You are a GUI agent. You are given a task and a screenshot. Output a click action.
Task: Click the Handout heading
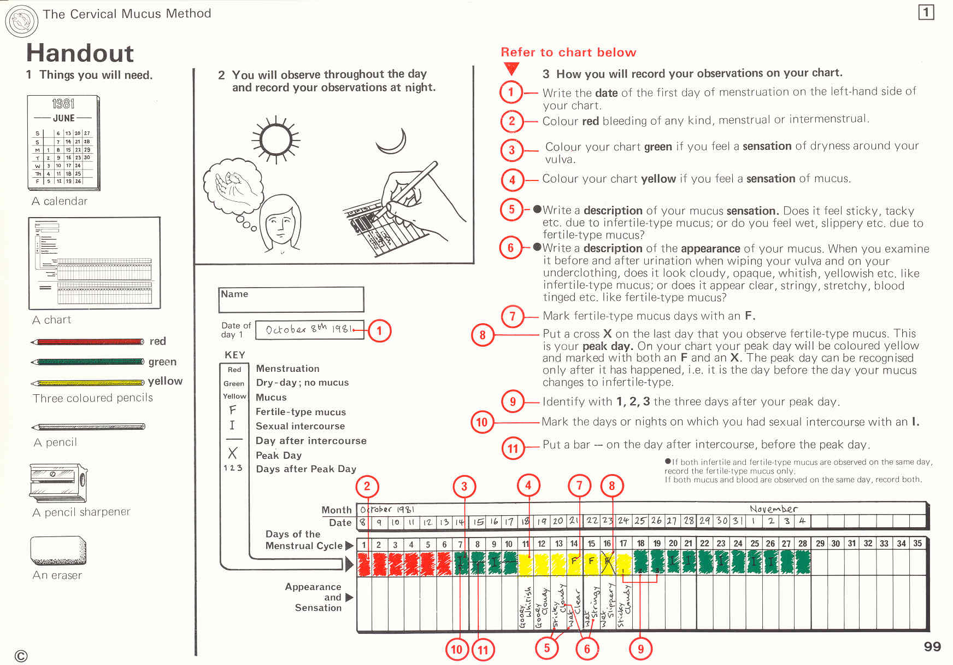(80, 53)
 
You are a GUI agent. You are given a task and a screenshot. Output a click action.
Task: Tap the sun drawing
(276, 139)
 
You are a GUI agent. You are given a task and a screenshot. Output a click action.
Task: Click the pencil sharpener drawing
(58, 482)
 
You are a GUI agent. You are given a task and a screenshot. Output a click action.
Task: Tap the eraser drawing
(58, 550)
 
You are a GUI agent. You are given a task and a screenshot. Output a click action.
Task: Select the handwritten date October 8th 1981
(307, 329)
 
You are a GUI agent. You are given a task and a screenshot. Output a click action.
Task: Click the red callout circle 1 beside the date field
(379, 331)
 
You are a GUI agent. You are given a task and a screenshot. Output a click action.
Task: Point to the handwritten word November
(773, 509)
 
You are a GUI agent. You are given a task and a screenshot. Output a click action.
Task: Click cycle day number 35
(917, 544)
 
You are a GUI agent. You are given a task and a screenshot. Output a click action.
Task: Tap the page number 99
(932, 647)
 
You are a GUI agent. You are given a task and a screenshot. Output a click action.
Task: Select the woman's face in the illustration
(280, 224)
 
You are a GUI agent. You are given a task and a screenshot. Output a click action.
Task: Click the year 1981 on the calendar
(63, 104)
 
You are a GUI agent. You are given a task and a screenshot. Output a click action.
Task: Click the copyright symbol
(21, 656)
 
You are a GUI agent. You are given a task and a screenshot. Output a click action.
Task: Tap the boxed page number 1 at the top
(926, 12)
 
